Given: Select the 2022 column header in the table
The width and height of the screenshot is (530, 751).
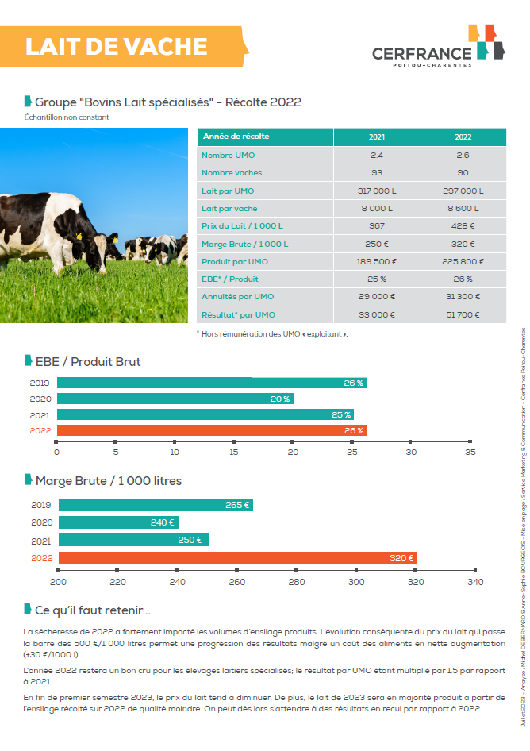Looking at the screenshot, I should (463, 137).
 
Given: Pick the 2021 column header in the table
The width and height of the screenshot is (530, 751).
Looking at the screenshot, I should (377, 137).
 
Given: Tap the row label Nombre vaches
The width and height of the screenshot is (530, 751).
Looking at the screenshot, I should (232, 173).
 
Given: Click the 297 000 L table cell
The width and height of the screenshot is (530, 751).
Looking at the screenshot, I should (463, 191).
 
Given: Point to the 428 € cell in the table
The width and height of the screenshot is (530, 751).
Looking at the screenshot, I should (463, 226).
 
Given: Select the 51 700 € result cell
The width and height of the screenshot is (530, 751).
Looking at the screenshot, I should (463, 315).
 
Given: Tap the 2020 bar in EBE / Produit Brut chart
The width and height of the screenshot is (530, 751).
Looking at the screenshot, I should (175, 399).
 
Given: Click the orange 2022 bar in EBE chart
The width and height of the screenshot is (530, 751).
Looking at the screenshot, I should (211, 430).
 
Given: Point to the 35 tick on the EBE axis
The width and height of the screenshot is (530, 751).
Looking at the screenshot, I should (470, 452).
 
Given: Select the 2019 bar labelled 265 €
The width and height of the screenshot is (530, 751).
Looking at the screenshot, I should (156, 505).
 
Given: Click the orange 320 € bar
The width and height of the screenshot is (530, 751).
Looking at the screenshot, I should (237, 558).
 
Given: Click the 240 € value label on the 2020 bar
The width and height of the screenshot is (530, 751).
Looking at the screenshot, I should (162, 522).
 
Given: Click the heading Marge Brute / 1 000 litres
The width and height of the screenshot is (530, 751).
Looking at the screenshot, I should (108, 481).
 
